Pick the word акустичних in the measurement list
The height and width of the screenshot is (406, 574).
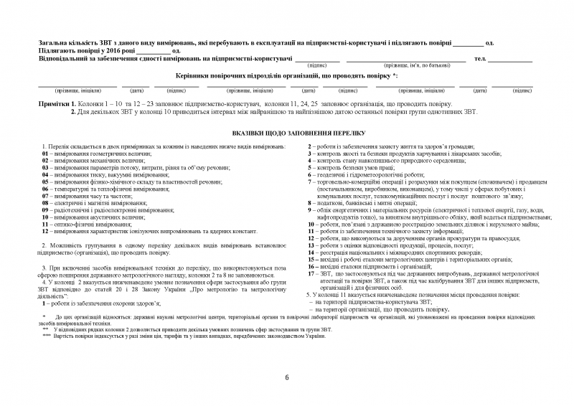tap(103, 217)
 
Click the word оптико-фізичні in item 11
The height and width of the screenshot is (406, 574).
tap(71, 225)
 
